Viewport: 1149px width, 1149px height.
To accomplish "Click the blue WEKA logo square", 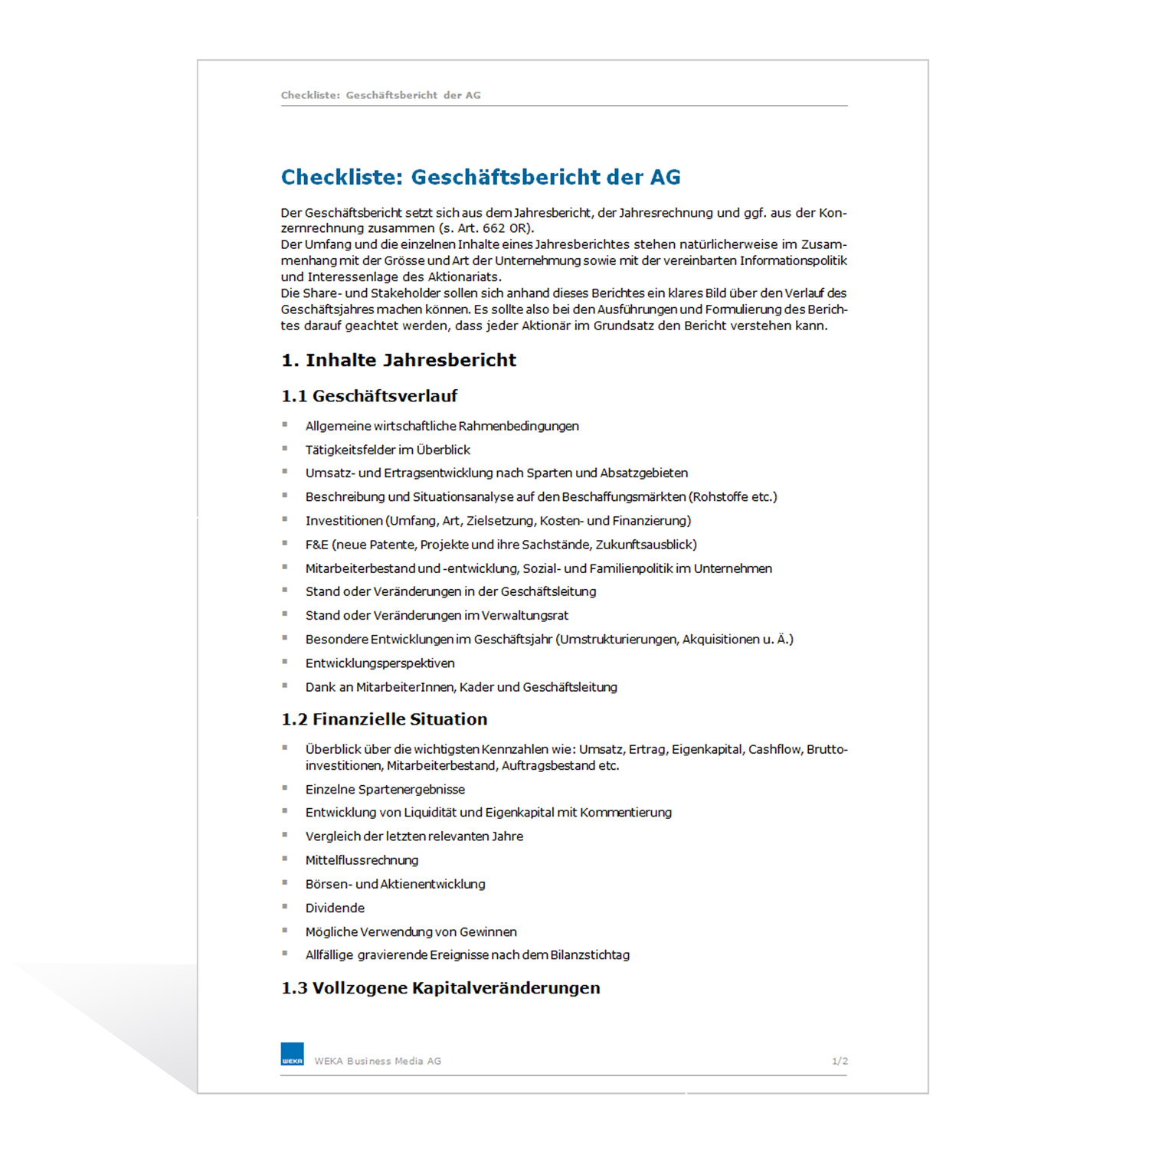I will [292, 1054].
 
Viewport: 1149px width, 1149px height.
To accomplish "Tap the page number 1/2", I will [840, 1061].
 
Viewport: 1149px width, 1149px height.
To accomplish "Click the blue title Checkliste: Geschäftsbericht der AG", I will [480, 177].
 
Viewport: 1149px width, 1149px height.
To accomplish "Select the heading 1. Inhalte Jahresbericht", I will [398, 360].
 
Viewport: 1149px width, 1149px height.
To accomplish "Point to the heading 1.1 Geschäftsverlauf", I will [369, 396].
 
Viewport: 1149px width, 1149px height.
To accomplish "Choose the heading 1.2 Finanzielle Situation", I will [385, 719].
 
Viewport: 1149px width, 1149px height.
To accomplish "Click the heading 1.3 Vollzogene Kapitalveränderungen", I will [440, 988].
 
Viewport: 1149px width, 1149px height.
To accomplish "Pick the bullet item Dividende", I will [335, 908].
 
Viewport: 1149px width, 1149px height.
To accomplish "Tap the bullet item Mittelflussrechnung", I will [362, 860].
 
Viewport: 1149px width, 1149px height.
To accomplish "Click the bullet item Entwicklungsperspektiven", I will [380, 663].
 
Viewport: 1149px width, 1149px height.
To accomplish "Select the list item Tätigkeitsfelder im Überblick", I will [388, 450].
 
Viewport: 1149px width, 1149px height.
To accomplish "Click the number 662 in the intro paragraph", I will [494, 228].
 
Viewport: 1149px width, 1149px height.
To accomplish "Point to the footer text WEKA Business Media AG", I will [378, 1061].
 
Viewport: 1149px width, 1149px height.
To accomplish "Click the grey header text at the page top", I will [381, 95].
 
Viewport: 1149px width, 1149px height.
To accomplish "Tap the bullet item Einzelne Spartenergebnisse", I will [385, 789].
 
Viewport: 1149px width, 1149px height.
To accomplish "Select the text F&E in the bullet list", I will [316, 545].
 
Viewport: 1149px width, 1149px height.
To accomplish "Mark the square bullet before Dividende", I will [285, 906].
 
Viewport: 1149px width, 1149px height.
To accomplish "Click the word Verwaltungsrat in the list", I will [525, 615].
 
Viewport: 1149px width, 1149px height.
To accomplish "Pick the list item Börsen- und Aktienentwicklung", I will [395, 884].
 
